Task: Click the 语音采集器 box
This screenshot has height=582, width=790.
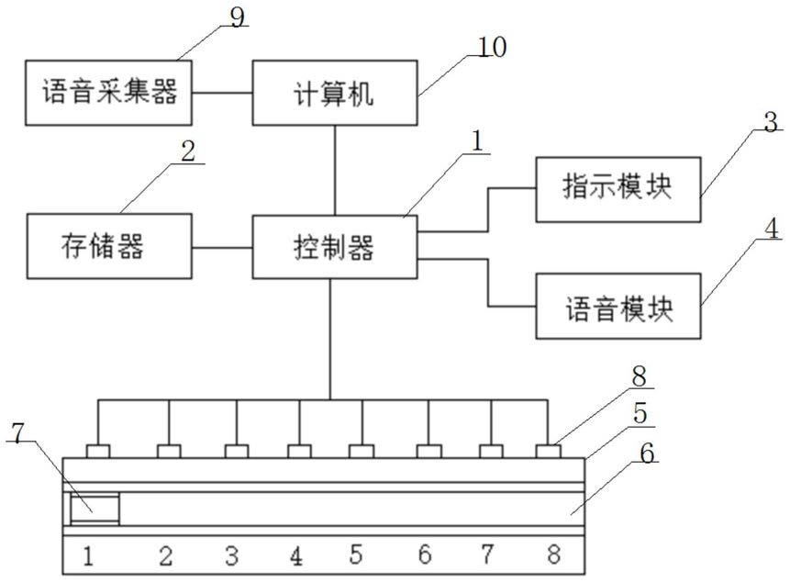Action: point(108,93)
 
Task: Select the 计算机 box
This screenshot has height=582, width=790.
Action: point(335,93)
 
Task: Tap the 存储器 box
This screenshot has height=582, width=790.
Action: point(109,246)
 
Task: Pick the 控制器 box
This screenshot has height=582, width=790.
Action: point(335,247)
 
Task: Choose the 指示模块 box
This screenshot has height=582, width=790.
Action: point(618,189)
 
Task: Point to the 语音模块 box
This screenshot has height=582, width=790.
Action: point(618,306)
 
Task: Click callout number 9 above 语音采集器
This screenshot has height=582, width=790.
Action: point(237,17)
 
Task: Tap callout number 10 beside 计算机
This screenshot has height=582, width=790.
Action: point(491,47)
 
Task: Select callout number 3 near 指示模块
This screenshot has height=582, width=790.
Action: point(771,122)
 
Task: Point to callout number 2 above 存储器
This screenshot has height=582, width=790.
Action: point(188,151)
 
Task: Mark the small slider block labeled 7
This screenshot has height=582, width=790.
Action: point(95,509)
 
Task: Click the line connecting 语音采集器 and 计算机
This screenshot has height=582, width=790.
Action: point(222,93)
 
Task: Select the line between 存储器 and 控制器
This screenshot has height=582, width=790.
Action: point(222,248)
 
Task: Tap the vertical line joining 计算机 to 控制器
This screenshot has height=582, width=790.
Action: point(335,171)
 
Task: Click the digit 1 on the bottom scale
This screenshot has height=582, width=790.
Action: point(88,555)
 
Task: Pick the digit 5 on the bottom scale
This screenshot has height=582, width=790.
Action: point(356,554)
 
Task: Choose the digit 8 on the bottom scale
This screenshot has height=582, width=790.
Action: point(553,554)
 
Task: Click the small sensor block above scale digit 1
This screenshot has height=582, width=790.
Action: point(98,452)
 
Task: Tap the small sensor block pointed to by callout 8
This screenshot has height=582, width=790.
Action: point(548,452)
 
